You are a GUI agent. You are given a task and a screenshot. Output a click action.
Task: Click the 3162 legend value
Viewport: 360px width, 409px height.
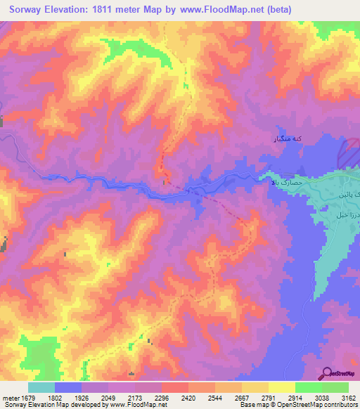tap(347, 397)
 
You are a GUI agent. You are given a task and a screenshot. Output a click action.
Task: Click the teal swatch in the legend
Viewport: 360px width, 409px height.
tap(41, 387)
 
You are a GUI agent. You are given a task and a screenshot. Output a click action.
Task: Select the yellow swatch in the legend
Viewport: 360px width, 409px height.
tap(281, 387)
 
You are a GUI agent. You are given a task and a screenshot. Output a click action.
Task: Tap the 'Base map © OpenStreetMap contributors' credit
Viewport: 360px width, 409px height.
tap(297, 405)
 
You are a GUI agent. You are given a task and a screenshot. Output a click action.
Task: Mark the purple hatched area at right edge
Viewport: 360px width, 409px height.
tap(351, 152)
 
